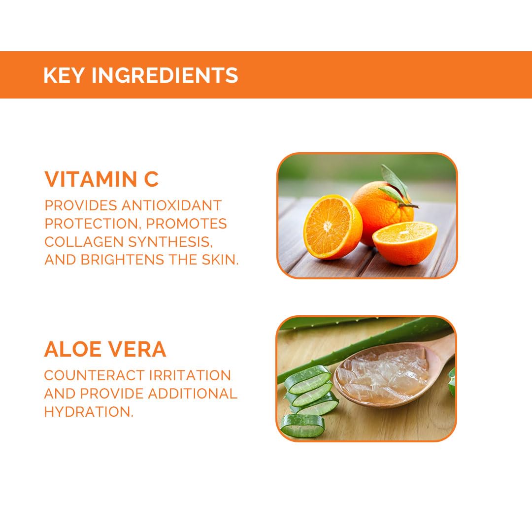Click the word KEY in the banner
(x=64, y=75)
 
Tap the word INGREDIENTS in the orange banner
(x=165, y=75)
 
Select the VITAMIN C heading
(x=101, y=179)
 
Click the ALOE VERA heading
(x=105, y=349)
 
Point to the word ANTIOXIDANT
(x=172, y=205)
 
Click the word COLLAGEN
(x=84, y=241)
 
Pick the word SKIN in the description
(x=220, y=260)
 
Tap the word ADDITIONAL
(x=193, y=394)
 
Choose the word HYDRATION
(x=89, y=412)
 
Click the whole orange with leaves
(x=383, y=210)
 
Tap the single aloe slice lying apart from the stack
(x=302, y=426)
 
